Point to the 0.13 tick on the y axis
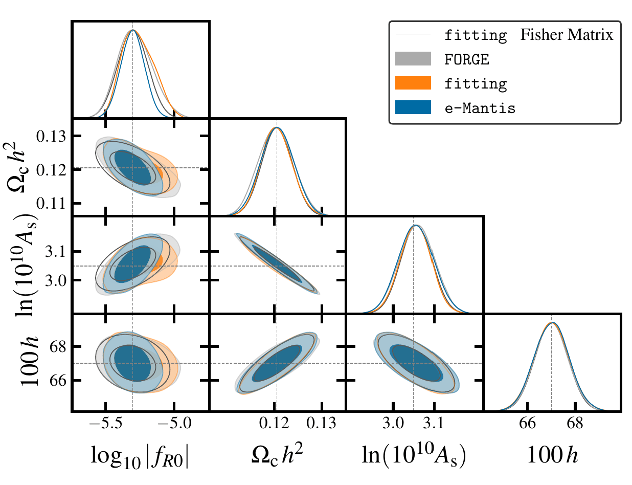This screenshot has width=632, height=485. (x=55, y=137)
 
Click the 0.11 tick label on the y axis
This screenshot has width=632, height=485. (x=55, y=204)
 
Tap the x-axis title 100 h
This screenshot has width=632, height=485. (x=552, y=454)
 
